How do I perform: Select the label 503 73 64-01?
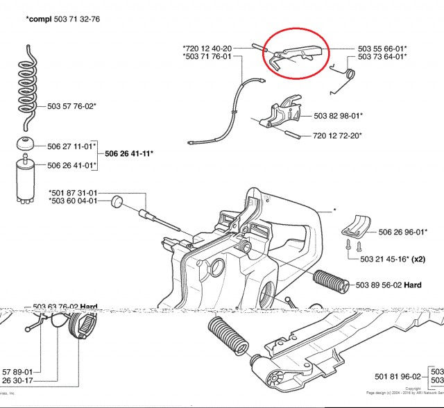(x=382, y=57)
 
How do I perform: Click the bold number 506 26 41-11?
(x=128, y=153)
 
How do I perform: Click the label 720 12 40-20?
(x=207, y=48)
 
